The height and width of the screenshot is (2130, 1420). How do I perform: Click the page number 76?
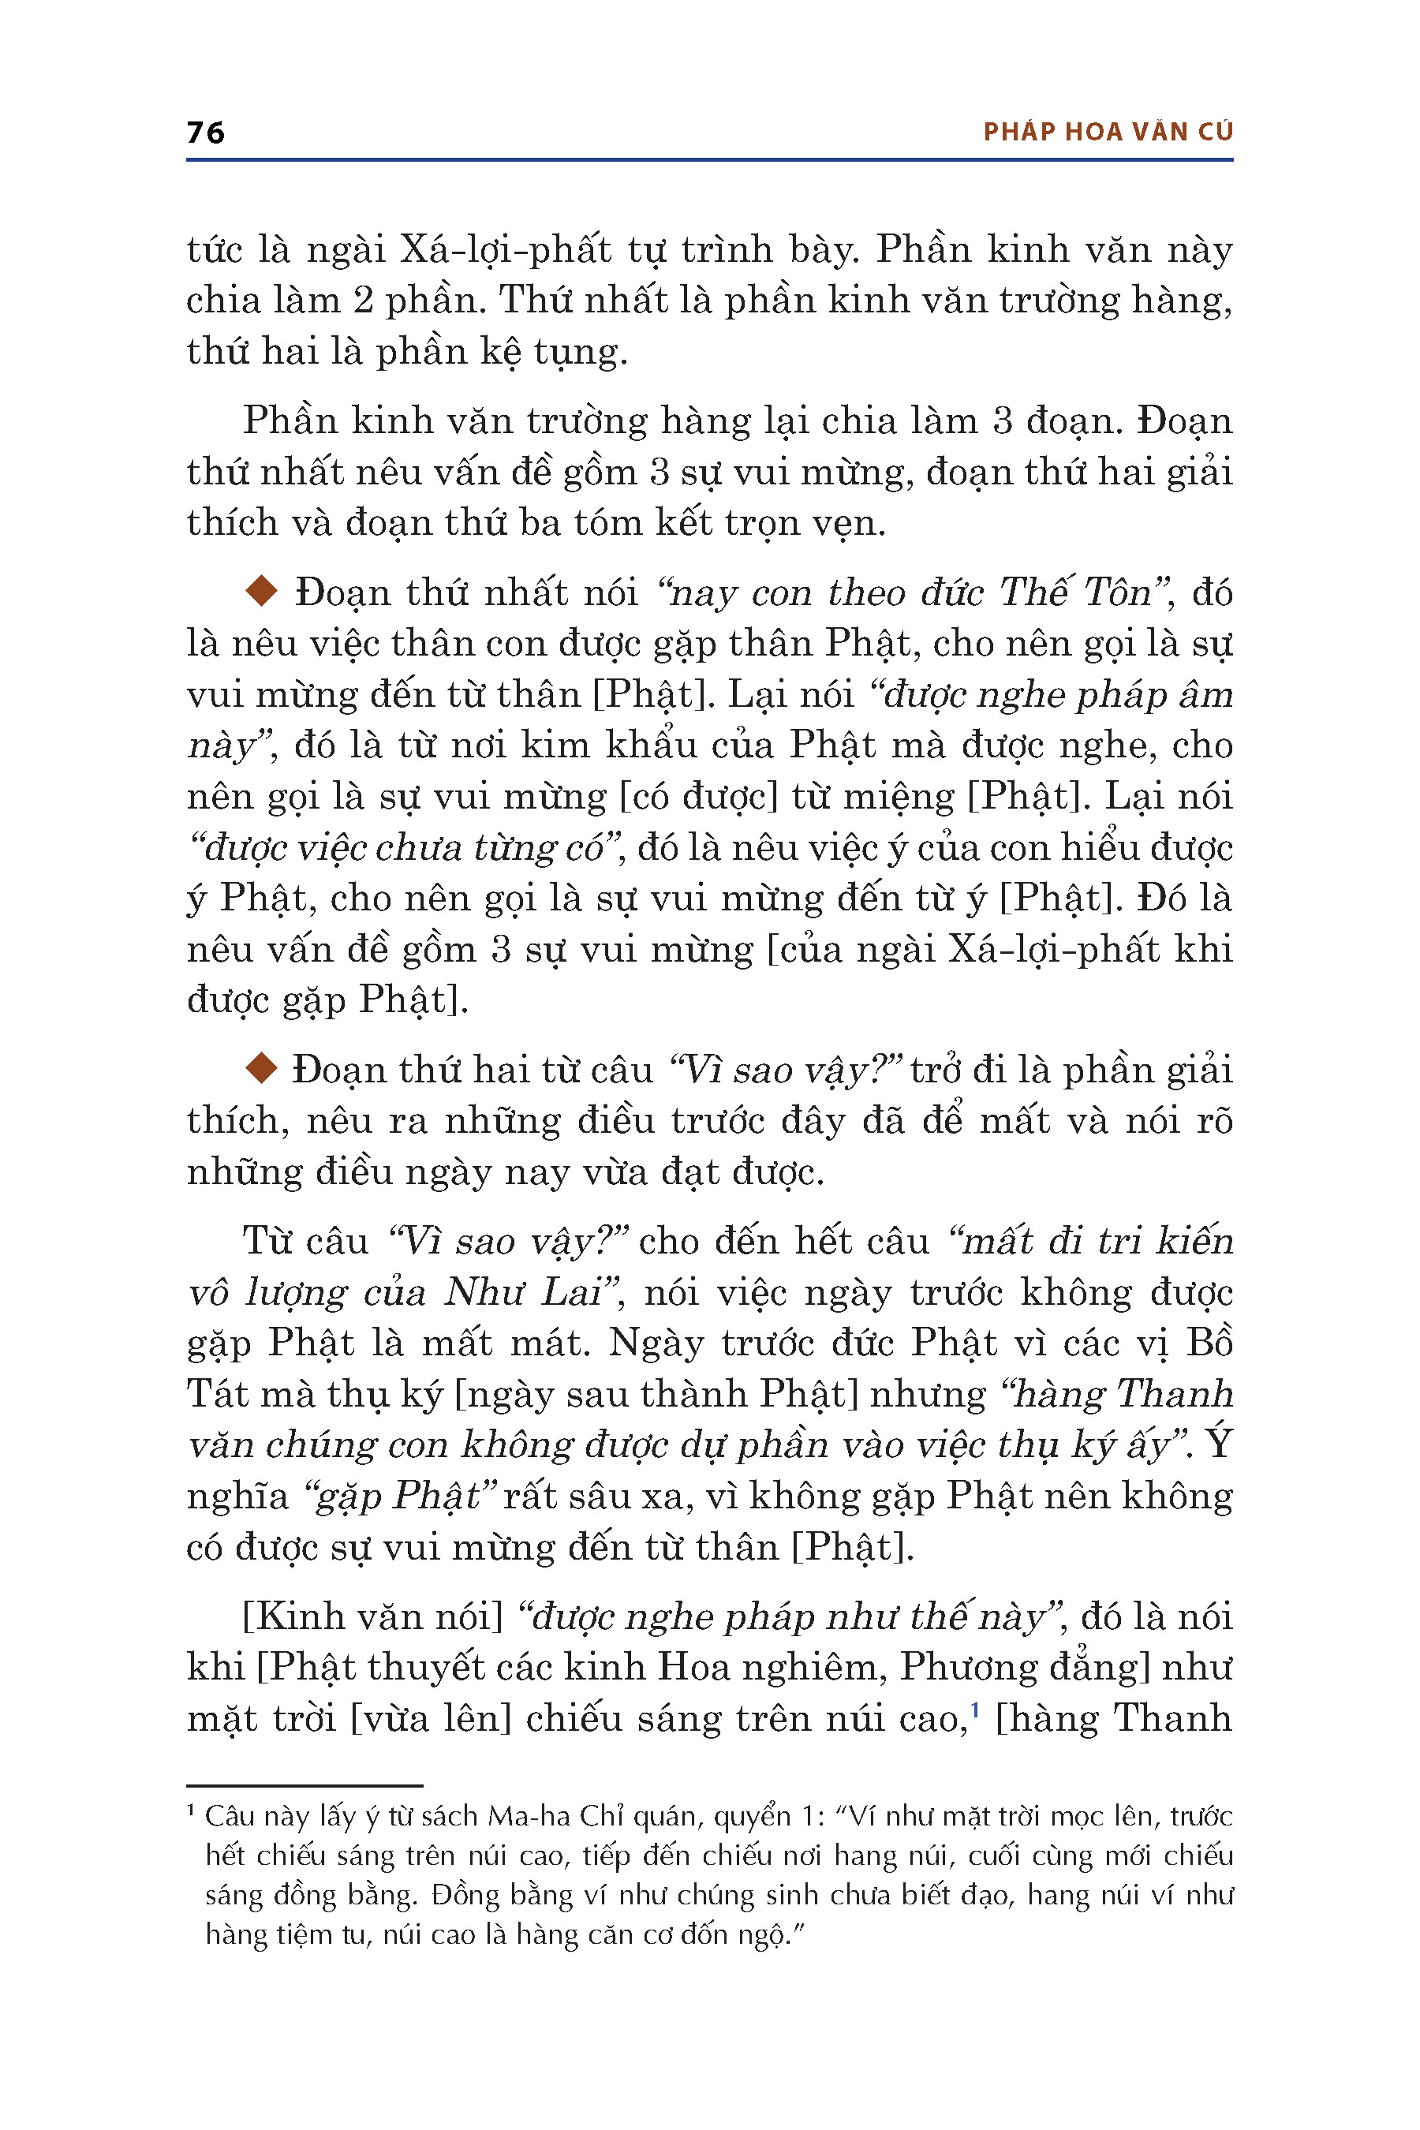206,133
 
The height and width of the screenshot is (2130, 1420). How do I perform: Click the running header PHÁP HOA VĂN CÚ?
1108,133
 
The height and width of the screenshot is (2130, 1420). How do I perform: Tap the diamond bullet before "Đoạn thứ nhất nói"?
262,592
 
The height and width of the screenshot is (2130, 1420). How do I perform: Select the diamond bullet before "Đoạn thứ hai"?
262,1069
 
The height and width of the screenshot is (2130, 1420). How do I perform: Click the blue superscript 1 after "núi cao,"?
975,1709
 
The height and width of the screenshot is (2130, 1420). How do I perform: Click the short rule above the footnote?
305,1785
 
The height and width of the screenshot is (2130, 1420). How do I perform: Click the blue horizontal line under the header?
709,160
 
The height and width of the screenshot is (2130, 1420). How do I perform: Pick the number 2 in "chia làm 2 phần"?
362,301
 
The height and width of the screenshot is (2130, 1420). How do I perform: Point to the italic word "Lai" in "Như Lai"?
570,1292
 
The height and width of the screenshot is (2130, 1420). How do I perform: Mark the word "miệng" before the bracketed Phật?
901,797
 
